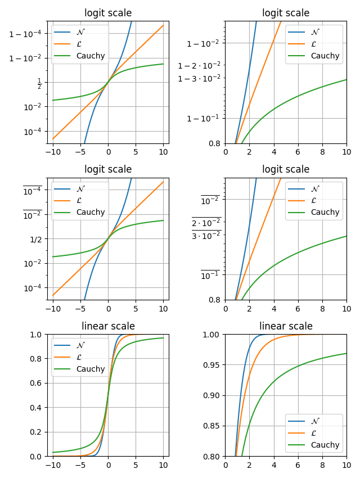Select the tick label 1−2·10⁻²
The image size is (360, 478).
tap(199, 66)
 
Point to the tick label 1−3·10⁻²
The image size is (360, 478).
tap(199, 78)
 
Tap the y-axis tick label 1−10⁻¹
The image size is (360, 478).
tap(203, 118)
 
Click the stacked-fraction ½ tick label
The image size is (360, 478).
tap(39, 83)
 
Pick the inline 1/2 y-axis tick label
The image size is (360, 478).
tap(35, 239)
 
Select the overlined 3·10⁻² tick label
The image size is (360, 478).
tap(206, 235)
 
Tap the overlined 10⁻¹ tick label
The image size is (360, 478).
tap(210, 274)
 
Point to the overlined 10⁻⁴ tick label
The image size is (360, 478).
tap(32, 190)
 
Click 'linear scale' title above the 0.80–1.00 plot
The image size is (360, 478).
tap(286, 326)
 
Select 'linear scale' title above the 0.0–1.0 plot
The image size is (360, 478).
tap(108, 326)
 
